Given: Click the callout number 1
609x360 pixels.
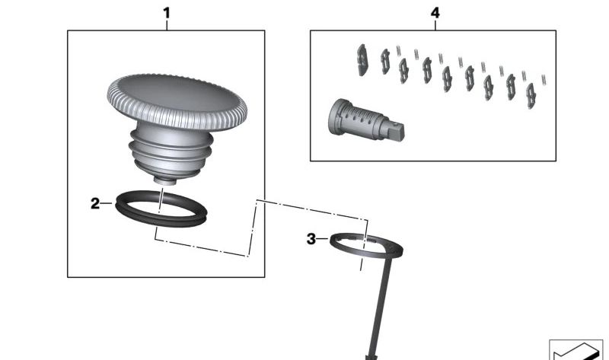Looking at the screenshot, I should tap(167, 13).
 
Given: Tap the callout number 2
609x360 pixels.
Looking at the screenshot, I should tap(95, 203).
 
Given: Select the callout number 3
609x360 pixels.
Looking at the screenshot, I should tap(311, 239).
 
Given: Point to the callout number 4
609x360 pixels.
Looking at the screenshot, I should tap(435, 13).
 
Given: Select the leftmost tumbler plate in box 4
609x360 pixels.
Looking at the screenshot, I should tap(363, 59).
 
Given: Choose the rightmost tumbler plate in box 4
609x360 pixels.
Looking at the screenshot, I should tap(531, 93).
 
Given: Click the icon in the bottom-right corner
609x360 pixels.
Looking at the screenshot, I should tap(576, 349).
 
